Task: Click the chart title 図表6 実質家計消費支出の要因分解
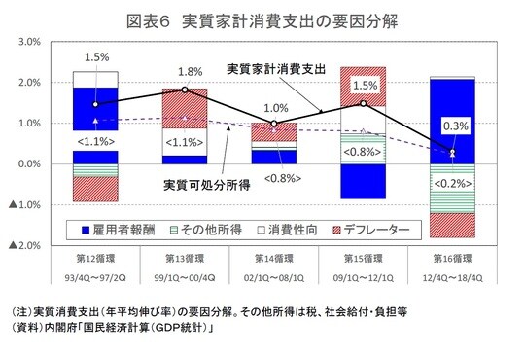(262, 18)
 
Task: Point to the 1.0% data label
(276, 108)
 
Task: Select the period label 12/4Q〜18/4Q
(453, 277)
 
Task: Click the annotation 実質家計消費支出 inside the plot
(275, 69)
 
